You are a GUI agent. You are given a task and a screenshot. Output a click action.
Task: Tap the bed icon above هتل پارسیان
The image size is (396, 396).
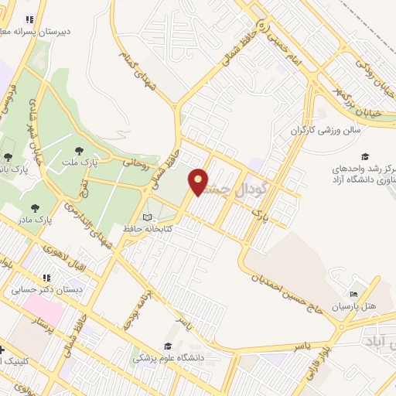click(354, 295)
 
